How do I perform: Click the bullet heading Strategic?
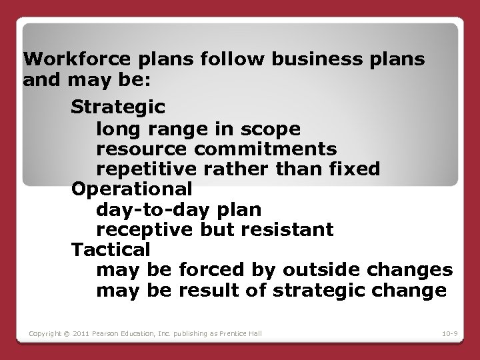click(x=119, y=106)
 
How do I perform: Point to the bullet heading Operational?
click(x=132, y=189)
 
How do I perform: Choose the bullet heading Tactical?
click(x=111, y=250)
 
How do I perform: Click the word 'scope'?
click(x=273, y=127)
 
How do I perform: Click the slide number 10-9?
click(x=449, y=333)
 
